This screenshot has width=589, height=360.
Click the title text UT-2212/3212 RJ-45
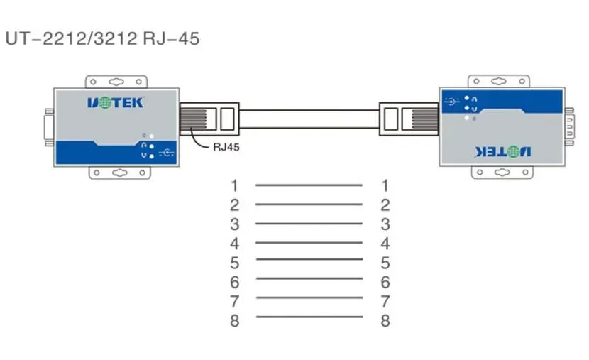[102, 39]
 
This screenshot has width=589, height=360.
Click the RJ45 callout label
[226, 147]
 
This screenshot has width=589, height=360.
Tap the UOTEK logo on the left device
[116, 102]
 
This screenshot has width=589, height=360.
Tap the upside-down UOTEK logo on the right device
[502, 152]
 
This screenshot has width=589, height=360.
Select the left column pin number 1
[234, 185]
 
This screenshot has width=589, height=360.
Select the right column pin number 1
[385, 185]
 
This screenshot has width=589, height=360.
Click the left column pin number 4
[234, 244]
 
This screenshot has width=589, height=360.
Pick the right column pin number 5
[385, 263]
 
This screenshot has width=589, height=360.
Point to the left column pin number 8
[234, 320]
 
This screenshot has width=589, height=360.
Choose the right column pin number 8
[385, 320]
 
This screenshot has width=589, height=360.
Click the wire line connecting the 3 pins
[309, 224]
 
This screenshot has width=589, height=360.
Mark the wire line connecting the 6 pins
[309, 278]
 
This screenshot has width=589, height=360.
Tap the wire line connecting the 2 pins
[309, 204]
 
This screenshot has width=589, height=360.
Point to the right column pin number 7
[385, 301]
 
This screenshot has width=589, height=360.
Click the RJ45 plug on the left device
[209, 119]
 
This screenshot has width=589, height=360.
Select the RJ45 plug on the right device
[409, 119]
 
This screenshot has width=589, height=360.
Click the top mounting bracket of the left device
[116, 82]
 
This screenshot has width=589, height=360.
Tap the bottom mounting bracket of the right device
[502, 173]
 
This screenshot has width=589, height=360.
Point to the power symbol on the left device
[166, 153]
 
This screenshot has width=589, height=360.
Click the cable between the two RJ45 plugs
[309, 119]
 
